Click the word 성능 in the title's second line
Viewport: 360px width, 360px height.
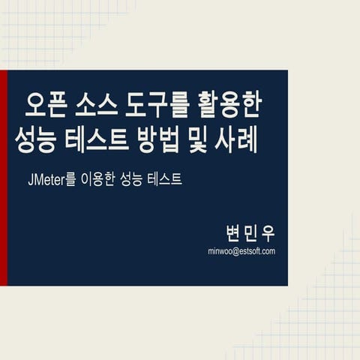click(x=35, y=140)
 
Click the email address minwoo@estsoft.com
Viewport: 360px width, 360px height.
click(x=241, y=251)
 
